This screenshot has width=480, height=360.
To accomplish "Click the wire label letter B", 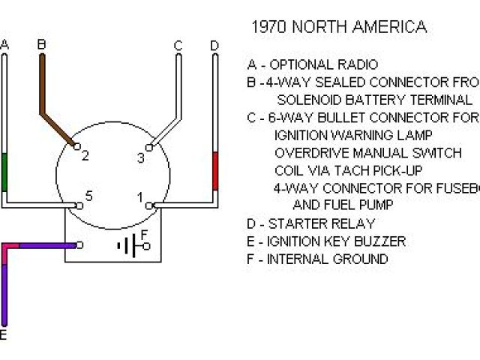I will (x=42, y=45).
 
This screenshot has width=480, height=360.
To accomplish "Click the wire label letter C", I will (x=178, y=46).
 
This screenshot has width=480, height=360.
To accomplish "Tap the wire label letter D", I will (x=214, y=46).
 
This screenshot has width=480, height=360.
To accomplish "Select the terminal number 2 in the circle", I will (x=85, y=156).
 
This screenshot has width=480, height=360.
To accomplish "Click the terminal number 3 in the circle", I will (x=140, y=157).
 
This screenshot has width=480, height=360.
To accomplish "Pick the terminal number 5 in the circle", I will (x=88, y=196).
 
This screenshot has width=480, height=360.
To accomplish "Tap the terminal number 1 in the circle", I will (x=139, y=197).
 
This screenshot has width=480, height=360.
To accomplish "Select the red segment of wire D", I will (x=215, y=170).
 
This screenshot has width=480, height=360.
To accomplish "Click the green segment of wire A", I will (x=5, y=172).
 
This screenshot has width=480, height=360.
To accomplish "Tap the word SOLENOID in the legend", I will (x=308, y=100).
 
